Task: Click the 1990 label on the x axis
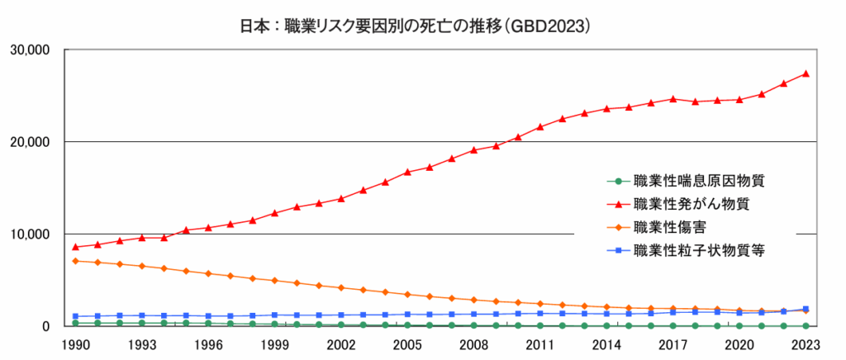point(76,343)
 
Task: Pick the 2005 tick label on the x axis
point(407,343)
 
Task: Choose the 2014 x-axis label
point(606,343)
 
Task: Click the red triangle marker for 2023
point(806,73)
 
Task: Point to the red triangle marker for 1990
point(76,247)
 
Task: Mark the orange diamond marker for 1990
point(76,261)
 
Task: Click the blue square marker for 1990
point(76,316)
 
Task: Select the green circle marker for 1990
point(76,323)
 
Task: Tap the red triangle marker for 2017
point(673,98)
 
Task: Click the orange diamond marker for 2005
point(407,294)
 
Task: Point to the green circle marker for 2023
point(806,325)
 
